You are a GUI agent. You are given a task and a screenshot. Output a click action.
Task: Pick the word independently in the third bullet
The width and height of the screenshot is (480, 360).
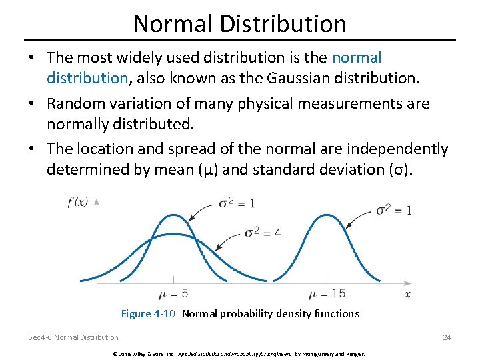[393, 149]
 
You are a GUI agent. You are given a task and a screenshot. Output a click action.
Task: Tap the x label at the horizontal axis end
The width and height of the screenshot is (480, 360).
[407, 294]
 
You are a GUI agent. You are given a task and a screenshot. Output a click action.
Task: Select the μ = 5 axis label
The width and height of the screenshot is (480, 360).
[173, 294]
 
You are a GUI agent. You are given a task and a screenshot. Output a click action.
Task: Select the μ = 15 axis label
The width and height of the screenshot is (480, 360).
[327, 294]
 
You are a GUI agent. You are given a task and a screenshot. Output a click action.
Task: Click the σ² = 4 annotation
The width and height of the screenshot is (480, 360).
[262, 233]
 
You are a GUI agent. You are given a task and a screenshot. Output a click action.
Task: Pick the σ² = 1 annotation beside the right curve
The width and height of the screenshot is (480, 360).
[393, 209]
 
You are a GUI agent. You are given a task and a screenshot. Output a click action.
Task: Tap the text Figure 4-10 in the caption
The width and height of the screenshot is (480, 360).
[148, 313]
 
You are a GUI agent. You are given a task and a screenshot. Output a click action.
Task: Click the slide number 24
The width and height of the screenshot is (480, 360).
[447, 337]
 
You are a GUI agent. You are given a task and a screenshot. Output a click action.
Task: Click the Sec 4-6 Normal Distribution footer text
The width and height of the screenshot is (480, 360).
[73, 337]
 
